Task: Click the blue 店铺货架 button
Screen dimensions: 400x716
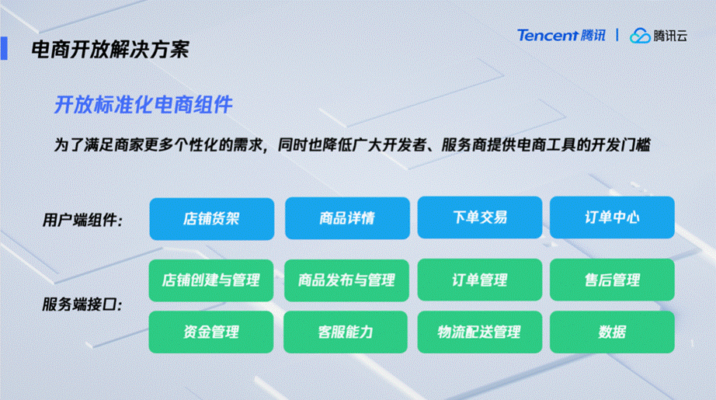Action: tap(211, 218)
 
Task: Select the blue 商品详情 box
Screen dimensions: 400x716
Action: tap(347, 218)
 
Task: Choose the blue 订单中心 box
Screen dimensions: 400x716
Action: tap(612, 218)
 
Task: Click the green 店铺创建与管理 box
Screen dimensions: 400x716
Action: tap(211, 280)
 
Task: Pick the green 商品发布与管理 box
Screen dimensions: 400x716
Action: tap(347, 280)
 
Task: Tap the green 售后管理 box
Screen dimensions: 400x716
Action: tap(612, 280)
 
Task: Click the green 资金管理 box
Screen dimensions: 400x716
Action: tap(211, 332)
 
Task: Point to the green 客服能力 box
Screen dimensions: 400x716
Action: tap(347, 332)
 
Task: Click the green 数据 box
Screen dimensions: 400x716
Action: tap(612, 332)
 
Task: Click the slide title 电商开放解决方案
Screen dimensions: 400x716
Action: tap(109, 50)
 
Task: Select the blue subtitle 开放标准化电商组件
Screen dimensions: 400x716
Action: tap(144, 105)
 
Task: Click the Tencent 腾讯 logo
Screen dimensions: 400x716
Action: tap(562, 35)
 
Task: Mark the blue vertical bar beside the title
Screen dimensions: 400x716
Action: tap(4, 48)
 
